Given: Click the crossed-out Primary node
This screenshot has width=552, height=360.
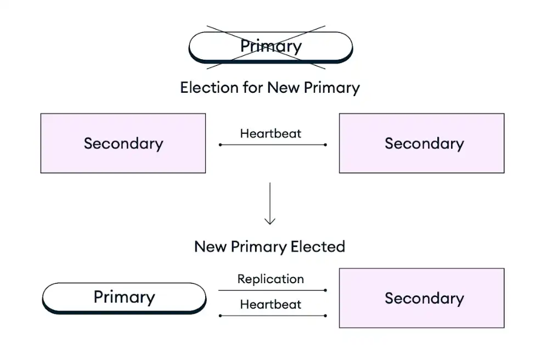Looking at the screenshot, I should tap(271, 46).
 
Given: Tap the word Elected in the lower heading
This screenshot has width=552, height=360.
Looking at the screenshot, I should tap(318, 246).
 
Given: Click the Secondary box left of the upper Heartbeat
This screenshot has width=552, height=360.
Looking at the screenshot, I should tap(123, 143).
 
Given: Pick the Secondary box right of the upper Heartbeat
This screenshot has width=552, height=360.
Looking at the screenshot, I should tap(421, 143).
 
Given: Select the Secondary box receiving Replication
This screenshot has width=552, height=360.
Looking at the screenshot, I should tap(421, 298).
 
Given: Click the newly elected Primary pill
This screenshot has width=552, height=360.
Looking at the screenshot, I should tap(124, 297).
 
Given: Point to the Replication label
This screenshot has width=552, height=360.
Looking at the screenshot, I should tap(271, 279).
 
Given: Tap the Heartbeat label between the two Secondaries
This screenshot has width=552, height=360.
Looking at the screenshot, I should tap(271, 133).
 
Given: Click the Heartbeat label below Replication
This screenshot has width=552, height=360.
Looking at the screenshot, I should tap(271, 305).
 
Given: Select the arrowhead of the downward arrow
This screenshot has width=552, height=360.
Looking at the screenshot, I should tap(269, 222).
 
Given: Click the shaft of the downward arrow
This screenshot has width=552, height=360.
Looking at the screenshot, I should tap(269, 200).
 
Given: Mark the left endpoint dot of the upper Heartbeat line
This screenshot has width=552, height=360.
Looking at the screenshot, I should tap(220, 145).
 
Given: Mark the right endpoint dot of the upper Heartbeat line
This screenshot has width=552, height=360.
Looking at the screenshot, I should tap(325, 145).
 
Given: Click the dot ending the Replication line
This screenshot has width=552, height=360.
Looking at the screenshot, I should tap(325, 290).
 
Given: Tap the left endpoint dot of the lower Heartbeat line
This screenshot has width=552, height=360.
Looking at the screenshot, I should tap(220, 316).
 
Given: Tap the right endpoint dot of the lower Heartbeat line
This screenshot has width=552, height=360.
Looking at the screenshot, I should tap(325, 316).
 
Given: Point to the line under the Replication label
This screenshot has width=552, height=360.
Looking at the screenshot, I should tap(272, 290).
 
